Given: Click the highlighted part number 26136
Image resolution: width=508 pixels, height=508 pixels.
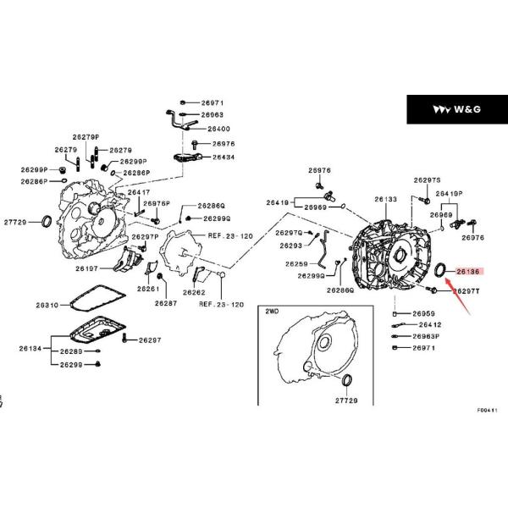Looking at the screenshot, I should (467, 272).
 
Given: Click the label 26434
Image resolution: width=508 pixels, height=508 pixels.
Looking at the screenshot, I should (223, 157).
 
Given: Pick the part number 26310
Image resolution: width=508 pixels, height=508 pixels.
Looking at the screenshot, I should (47, 305).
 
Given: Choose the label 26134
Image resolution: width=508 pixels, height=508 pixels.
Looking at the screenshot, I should (30, 347).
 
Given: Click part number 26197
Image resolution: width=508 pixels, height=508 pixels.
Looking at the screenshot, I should (86, 268).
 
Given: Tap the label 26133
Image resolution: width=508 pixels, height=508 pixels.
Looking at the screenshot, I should (386, 200).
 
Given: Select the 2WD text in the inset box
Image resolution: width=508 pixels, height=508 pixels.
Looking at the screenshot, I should (272, 312).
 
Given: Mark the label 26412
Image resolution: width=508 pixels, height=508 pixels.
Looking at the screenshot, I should (427, 324).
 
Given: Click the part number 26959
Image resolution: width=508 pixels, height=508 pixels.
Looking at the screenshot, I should (424, 313).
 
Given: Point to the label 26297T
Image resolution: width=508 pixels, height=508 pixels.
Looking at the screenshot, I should (466, 290).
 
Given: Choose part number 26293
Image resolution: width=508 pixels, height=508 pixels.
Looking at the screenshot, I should (290, 246).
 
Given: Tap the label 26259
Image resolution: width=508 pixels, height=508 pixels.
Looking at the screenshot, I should (296, 263).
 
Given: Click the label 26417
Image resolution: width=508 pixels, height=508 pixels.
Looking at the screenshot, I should (139, 193).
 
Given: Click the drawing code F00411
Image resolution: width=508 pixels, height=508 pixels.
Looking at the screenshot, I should (487, 410).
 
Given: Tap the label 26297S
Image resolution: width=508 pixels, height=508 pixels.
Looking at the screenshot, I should (428, 180).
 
